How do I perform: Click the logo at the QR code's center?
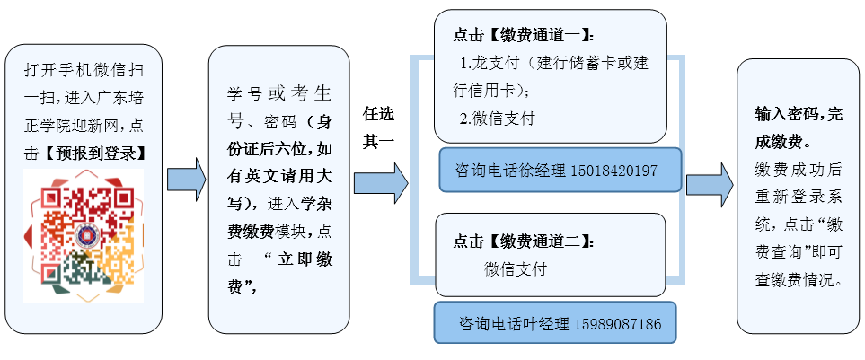(87, 236)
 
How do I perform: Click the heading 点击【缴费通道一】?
(523, 36)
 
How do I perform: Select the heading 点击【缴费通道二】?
(523, 241)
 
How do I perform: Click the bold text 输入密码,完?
(799, 115)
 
